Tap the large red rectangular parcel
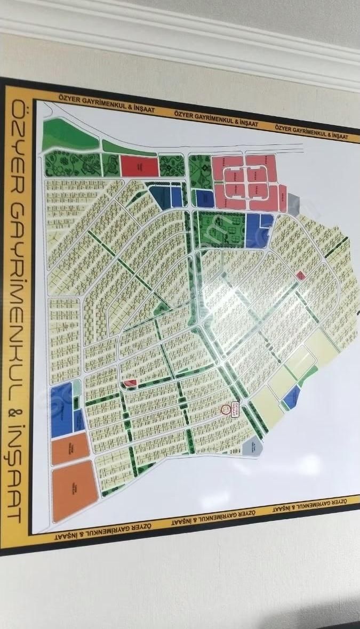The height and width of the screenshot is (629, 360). [x=140, y=166]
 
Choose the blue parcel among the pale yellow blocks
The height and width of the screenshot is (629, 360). [x=291, y=397]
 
